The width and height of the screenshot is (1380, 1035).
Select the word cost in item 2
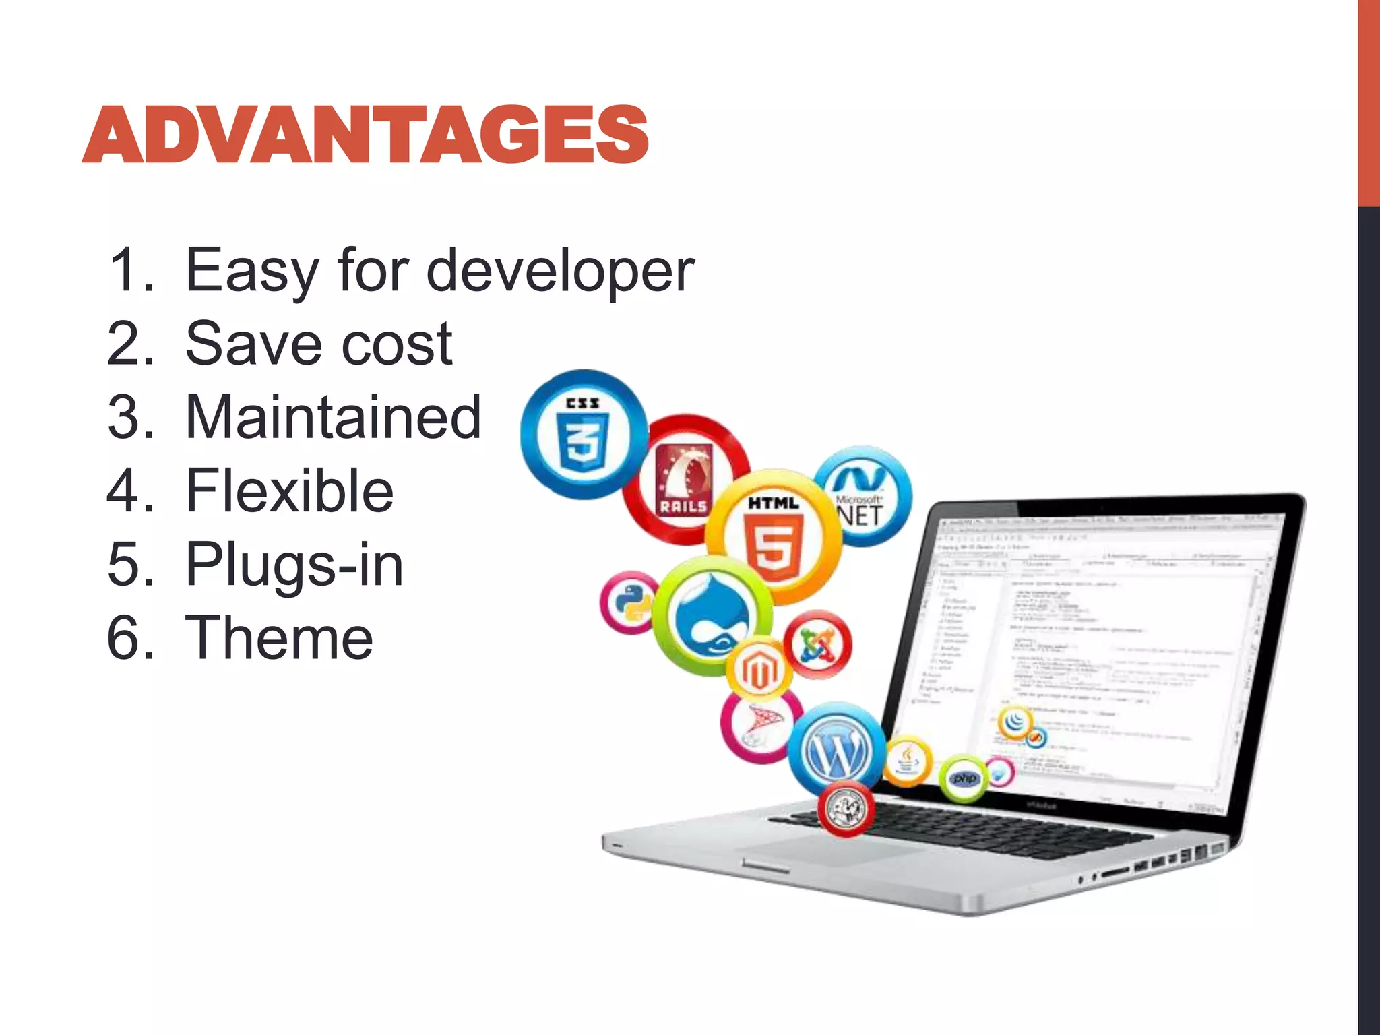point(397,344)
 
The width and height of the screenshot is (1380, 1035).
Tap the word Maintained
point(333,418)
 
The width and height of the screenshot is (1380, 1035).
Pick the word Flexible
point(289,491)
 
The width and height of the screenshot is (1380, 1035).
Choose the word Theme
point(278,638)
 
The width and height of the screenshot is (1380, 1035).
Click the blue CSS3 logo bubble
point(584,435)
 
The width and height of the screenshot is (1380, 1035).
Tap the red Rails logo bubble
point(684,480)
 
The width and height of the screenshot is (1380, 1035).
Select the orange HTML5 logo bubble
point(774,537)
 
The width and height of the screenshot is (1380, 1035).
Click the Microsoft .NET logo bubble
point(862,497)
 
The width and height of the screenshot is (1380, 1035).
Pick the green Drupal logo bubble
point(712,615)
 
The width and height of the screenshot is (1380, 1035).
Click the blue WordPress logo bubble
point(836,747)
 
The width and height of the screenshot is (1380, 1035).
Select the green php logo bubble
point(964,778)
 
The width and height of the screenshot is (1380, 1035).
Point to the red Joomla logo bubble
point(818,645)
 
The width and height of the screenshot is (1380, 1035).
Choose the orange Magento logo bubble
point(759,668)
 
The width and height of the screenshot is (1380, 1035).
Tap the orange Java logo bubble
point(908,761)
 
